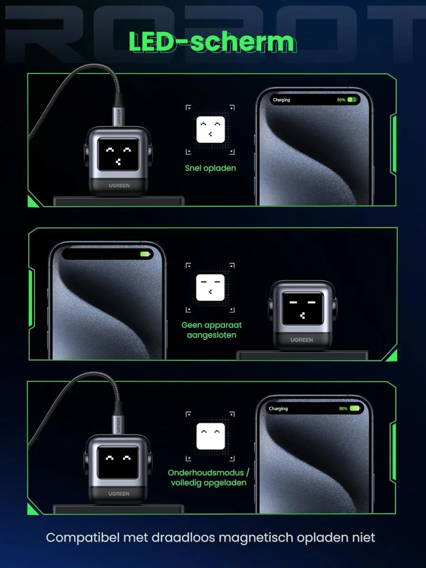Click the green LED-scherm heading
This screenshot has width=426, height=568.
point(213,42)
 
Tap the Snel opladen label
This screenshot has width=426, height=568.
point(211,169)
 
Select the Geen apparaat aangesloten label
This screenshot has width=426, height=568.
point(212,330)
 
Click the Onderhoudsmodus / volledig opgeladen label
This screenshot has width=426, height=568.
point(209,478)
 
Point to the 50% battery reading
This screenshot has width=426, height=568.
point(341,100)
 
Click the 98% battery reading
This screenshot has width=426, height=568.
point(343,408)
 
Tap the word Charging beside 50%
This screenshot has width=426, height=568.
point(281,100)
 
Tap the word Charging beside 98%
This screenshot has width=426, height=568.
point(278,408)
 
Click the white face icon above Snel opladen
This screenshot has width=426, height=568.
point(211,129)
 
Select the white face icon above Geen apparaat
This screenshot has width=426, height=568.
point(210,287)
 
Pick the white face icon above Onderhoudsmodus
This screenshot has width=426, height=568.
point(211,436)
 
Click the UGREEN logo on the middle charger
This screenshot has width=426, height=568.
point(302,340)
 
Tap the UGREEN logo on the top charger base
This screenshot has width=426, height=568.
point(119,186)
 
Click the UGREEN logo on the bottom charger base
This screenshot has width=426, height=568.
point(119,494)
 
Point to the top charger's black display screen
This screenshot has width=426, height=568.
point(118,155)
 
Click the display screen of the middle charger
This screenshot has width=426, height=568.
point(302,308)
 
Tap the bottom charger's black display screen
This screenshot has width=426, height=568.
point(118,462)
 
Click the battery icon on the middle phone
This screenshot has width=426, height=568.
point(145,254)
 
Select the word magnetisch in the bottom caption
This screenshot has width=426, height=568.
point(256,538)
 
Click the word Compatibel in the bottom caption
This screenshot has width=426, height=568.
point(83,538)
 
